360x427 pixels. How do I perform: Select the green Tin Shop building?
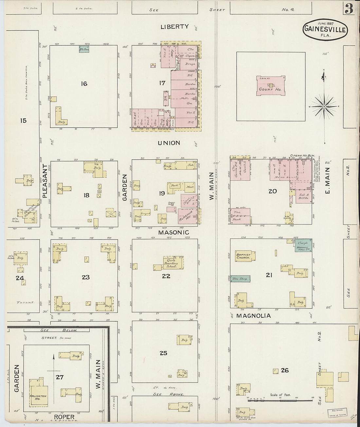coord(240,279)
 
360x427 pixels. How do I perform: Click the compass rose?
coord(324,107)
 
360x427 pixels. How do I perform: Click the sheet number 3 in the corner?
coord(349,10)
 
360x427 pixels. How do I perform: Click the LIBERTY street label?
coord(174,27)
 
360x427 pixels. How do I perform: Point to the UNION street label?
coord(169,143)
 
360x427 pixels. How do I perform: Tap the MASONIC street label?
coord(174,232)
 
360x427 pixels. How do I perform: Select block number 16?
coord(84,84)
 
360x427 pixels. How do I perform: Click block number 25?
coord(163,353)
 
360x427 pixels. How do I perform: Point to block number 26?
coord(285,370)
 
